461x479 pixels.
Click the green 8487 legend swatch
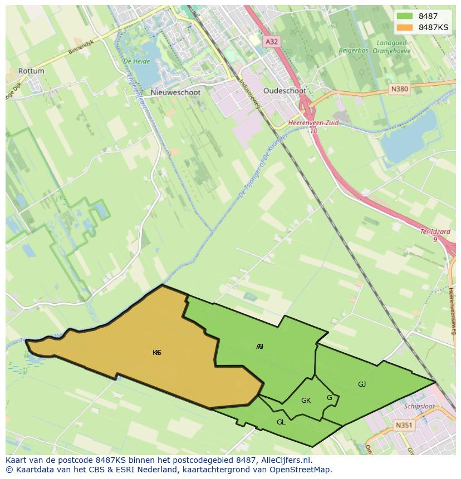(405, 16)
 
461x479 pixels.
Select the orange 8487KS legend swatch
(405, 27)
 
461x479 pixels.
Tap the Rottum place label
(31, 71)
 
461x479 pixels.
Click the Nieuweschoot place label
(175, 93)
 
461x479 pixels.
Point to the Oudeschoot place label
(285, 91)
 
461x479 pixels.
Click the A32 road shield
(271, 41)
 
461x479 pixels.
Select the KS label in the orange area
(157, 353)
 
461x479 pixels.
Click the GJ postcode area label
(362, 384)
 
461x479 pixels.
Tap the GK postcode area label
(306, 401)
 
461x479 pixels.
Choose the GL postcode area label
(281, 422)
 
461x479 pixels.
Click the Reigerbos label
(355, 50)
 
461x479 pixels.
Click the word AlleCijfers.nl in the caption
(287, 460)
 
